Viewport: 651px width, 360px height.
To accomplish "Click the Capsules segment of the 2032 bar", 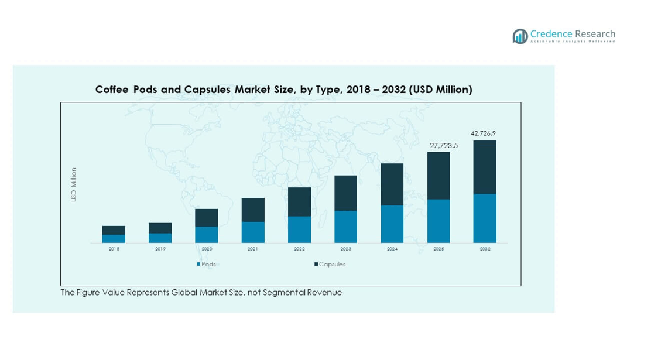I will coord(485,167).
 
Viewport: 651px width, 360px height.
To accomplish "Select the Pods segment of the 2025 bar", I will coord(438,221).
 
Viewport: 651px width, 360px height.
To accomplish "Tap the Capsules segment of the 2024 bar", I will coord(392,184).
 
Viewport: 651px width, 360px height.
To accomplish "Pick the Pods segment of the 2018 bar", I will coord(114,239).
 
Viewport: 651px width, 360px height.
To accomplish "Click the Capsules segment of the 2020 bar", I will coord(207,218).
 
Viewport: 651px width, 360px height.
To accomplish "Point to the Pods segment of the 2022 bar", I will coord(299,229).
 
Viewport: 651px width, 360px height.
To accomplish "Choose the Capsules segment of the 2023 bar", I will coord(345,193).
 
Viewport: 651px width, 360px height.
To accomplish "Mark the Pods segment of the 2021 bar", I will coord(253,232).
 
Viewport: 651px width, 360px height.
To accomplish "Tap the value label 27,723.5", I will coord(438,145).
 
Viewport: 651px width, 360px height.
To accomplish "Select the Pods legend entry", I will coord(206,265).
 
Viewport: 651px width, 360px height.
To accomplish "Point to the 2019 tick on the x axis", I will coord(160,249).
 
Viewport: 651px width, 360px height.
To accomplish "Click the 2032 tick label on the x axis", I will coord(485,249).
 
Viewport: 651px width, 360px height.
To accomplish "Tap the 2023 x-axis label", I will coord(345,249).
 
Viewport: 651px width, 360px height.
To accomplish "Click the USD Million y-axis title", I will coord(74,185).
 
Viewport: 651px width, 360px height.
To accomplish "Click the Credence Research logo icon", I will coord(520,36).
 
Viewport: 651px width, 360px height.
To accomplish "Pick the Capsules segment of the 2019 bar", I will coord(160,228).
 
